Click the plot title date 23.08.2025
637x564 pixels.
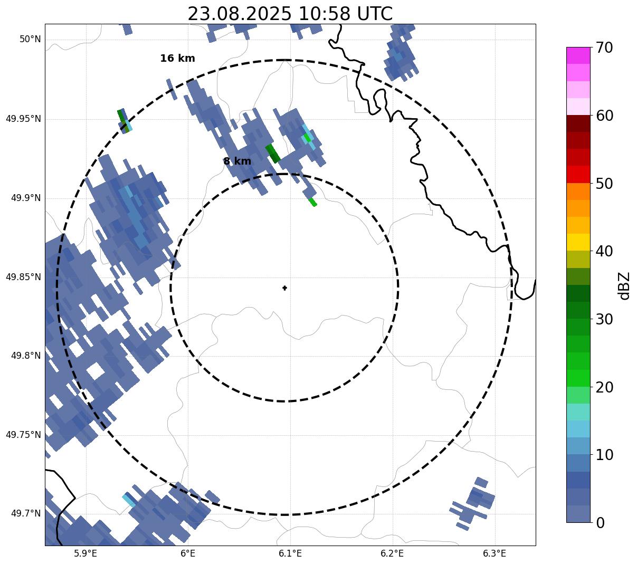click(x=239, y=14)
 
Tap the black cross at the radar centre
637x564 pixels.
click(x=285, y=288)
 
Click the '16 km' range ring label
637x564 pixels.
click(x=177, y=59)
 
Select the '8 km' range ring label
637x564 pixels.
click(x=237, y=161)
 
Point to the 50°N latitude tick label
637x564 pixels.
click(x=30, y=40)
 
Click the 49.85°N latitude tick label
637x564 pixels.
click(x=23, y=277)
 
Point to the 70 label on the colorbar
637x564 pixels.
click(x=604, y=48)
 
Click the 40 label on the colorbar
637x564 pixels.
click(x=604, y=252)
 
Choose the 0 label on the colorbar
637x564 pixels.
click(x=601, y=523)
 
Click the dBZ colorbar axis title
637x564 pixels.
click(x=624, y=285)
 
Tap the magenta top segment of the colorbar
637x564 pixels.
click(x=578, y=55)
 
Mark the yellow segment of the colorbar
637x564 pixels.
click(x=578, y=242)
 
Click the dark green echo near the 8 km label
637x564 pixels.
click(x=272, y=153)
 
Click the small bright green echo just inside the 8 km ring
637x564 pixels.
click(x=312, y=202)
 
